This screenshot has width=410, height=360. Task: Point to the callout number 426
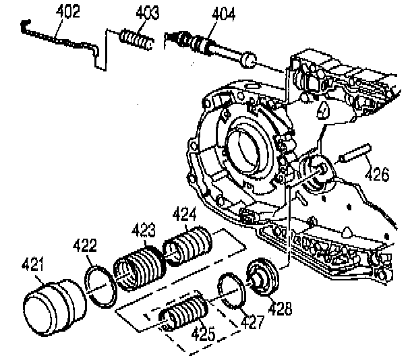point(378,175)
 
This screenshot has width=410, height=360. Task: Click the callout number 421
point(37,263)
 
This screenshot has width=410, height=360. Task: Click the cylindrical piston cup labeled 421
point(51,303)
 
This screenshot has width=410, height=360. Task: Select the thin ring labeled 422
point(100,287)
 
